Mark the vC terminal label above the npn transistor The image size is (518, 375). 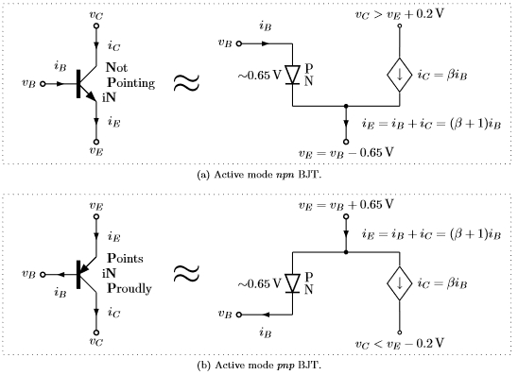coord(96,16)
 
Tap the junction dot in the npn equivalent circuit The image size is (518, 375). coord(347,106)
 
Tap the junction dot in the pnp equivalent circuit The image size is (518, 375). coord(347,251)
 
